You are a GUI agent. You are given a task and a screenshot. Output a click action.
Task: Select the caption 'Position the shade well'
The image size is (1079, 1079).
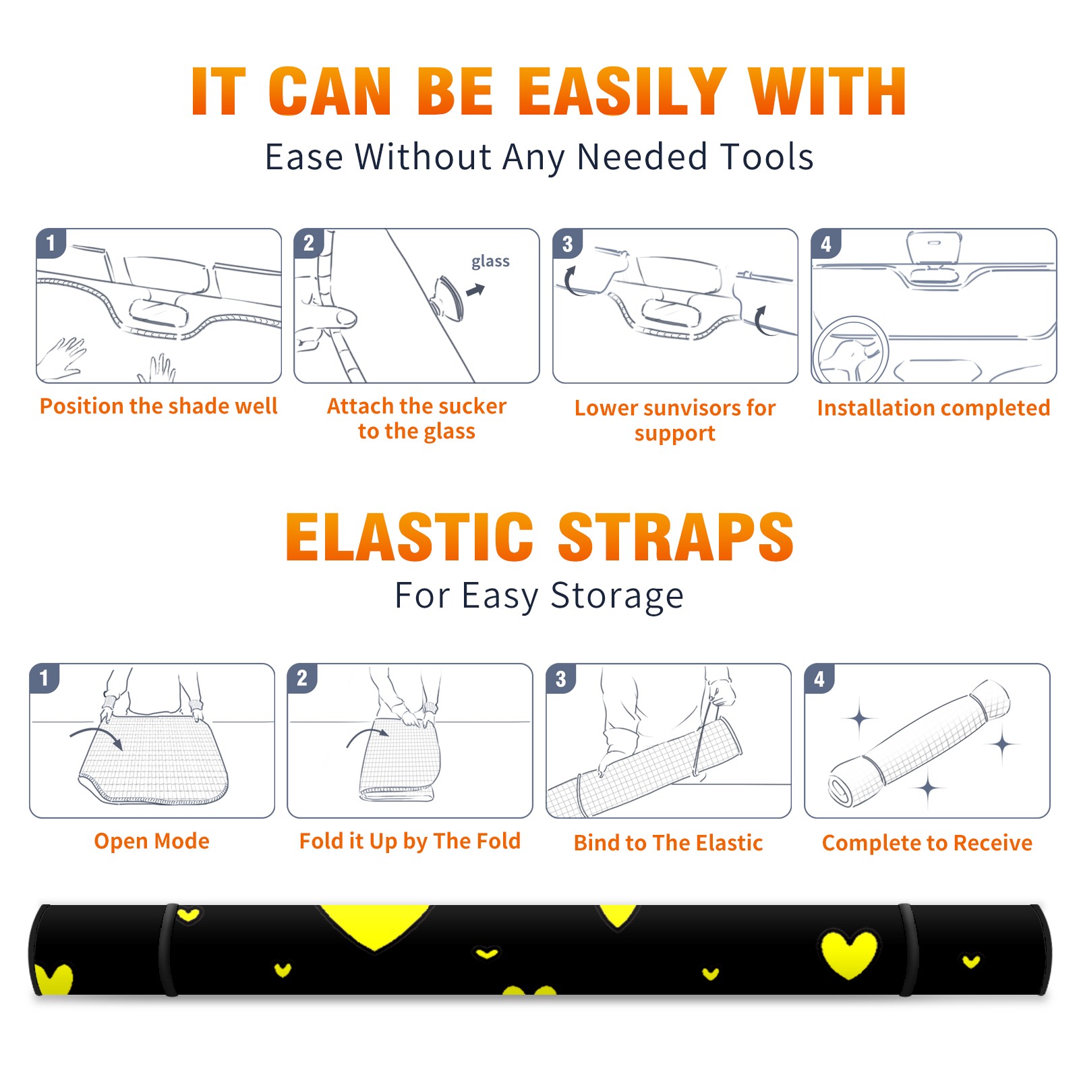click(x=158, y=406)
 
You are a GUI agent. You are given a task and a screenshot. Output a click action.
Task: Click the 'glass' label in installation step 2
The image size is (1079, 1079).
click(x=490, y=262)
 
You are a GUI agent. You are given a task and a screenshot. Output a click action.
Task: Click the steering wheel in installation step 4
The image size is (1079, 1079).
click(x=850, y=351)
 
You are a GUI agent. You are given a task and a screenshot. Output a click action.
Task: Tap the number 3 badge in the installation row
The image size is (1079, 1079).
click(x=567, y=243)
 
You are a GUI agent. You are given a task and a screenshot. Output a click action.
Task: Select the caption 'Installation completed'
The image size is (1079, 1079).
click(x=933, y=407)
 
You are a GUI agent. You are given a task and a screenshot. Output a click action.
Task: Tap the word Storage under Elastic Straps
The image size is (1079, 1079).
click(x=617, y=596)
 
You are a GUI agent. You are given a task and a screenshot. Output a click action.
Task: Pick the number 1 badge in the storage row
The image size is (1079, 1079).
click(x=45, y=678)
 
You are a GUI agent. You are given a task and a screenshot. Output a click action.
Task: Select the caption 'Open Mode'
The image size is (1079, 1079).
click(x=152, y=841)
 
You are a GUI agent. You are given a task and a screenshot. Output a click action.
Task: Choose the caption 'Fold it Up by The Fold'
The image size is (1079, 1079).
click(x=410, y=841)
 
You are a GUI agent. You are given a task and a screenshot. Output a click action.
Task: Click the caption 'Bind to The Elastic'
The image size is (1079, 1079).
click(x=668, y=843)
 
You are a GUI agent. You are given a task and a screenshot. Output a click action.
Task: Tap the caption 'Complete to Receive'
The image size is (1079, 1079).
click(x=927, y=843)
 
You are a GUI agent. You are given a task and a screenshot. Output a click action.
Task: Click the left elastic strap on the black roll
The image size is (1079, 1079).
click(x=169, y=950)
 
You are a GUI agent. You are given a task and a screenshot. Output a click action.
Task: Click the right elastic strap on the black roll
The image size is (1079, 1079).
click(x=908, y=950)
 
